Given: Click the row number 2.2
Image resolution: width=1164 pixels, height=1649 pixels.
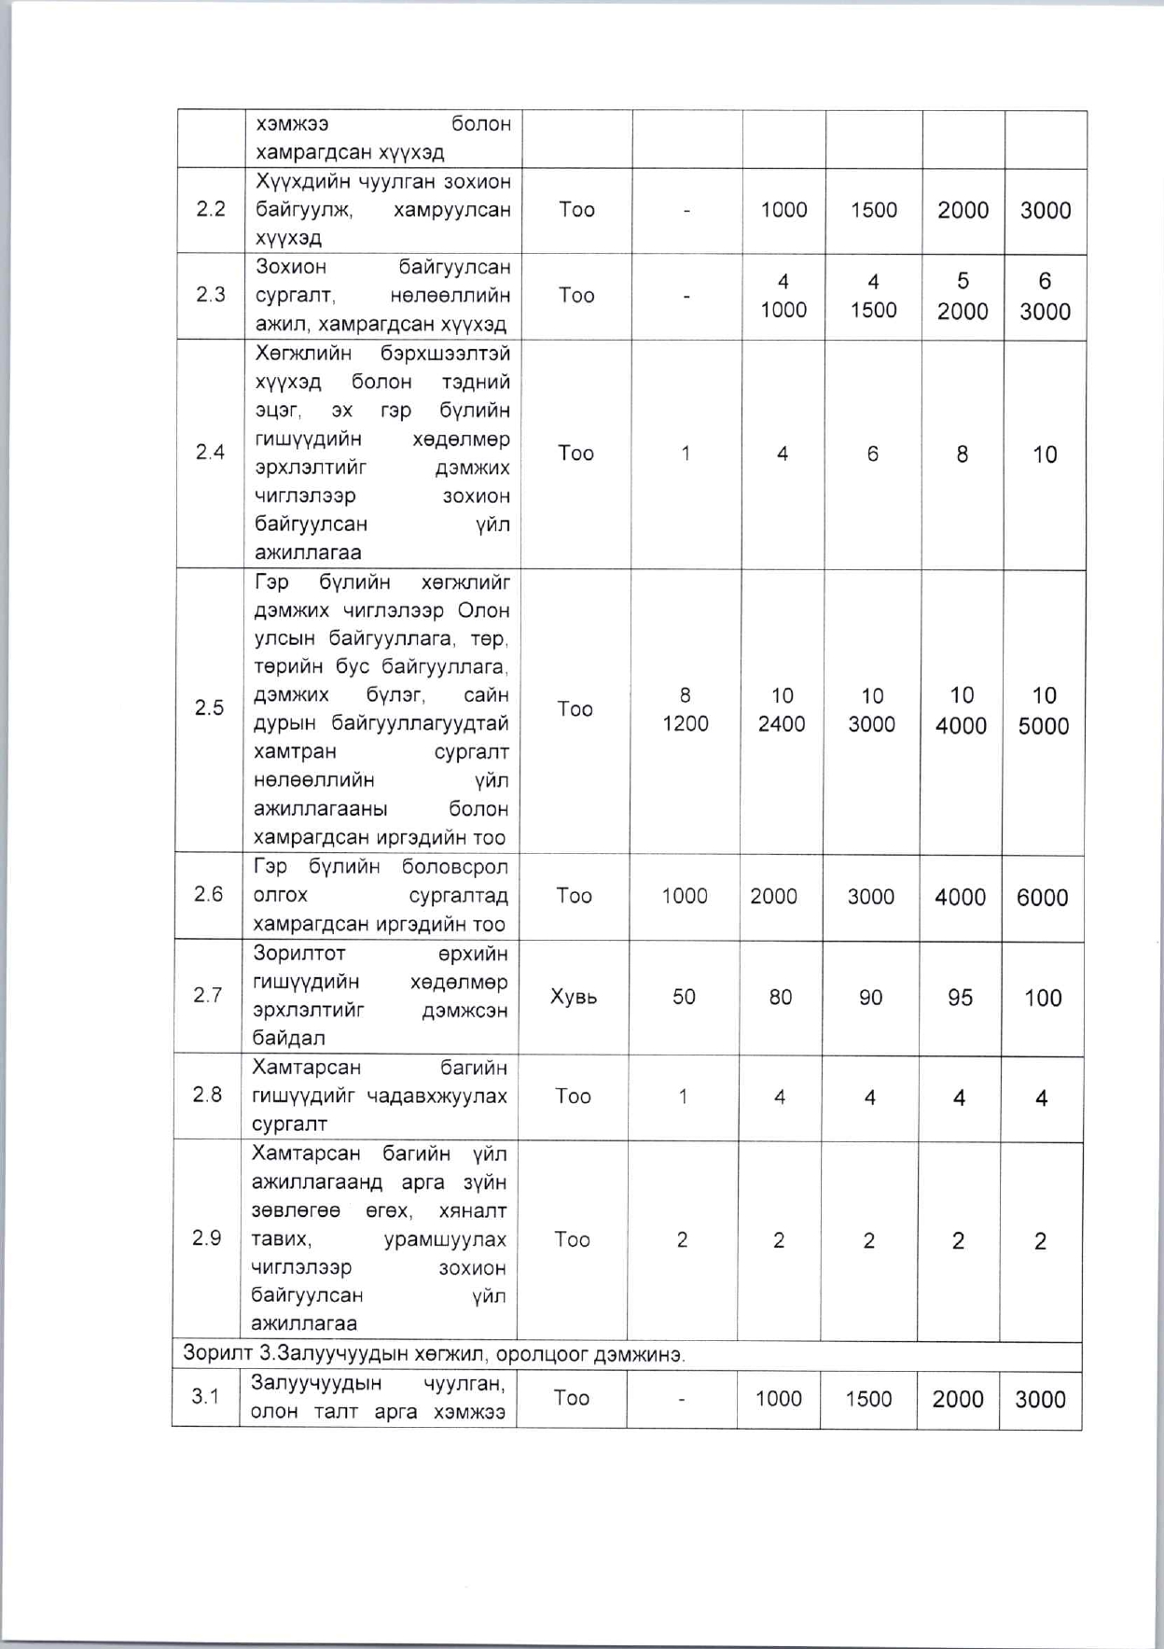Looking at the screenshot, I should click(211, 209).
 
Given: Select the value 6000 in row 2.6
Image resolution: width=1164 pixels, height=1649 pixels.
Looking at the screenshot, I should click(1042, 897).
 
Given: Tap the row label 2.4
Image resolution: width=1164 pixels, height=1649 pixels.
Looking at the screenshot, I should click(210, 453).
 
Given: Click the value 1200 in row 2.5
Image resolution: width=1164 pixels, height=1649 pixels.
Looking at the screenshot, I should click(686, 723).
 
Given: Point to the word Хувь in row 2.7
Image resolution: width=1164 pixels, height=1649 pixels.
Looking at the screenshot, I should click(574, 997).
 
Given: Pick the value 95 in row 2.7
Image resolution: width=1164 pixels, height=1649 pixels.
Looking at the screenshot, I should click(960, 998).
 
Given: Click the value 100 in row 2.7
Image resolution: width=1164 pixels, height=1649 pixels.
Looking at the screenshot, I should click(1042, 999).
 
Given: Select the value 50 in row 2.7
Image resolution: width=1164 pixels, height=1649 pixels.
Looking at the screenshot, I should click(684, 997).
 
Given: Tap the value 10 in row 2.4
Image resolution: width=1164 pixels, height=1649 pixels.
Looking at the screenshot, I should click(1045, 454).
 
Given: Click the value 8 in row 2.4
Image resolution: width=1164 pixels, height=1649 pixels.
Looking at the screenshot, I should click(962, 454).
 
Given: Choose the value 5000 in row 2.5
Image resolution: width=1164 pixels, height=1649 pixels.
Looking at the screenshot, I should click(1044, 726).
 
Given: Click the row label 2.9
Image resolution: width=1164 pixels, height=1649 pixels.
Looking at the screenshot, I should click(206, 1238).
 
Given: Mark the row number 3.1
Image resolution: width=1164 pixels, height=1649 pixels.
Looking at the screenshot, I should click(205, 1396).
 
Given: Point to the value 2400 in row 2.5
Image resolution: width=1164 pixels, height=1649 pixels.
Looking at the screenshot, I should click(782, 724).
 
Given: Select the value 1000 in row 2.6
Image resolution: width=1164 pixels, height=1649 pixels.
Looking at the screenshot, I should click(685, 896).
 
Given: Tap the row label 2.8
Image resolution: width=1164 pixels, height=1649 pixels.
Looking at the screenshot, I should click(207, 1095).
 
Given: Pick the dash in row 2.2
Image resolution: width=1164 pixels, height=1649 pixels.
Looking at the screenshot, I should click(686, 211).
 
